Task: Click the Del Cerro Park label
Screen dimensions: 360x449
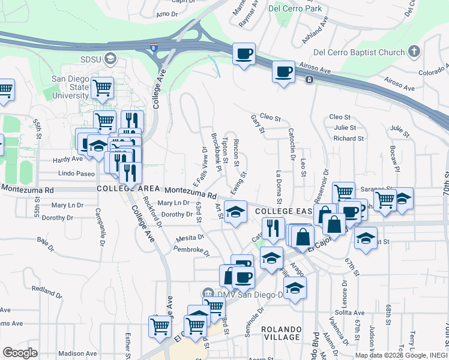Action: pyautogui.click(x=295, y=8)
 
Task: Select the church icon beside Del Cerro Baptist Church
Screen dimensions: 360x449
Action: pyautogui.click(x=414, y=52)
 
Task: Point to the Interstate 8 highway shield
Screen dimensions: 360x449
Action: pyautogui.click(x=154, y=47)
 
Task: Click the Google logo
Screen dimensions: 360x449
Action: pyautogui.click(x=20, y=352)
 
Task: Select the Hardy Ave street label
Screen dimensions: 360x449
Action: pyautogui.click(x=67, y=160)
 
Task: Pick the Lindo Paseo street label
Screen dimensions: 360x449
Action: pyautogui.click(x=77, y=173)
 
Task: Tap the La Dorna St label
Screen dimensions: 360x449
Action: pyautogui.click(x=279, y=186)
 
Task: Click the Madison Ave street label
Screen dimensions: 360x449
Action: pyautogui.click(x=78, y=353)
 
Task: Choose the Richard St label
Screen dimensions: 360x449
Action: pyautogui.click(x=349, y=139)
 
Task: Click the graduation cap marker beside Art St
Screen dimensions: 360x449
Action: pyautogui.click(x=235, y=211)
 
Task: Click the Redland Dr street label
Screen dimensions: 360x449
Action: pyautogui.click(x=46, y=290)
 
